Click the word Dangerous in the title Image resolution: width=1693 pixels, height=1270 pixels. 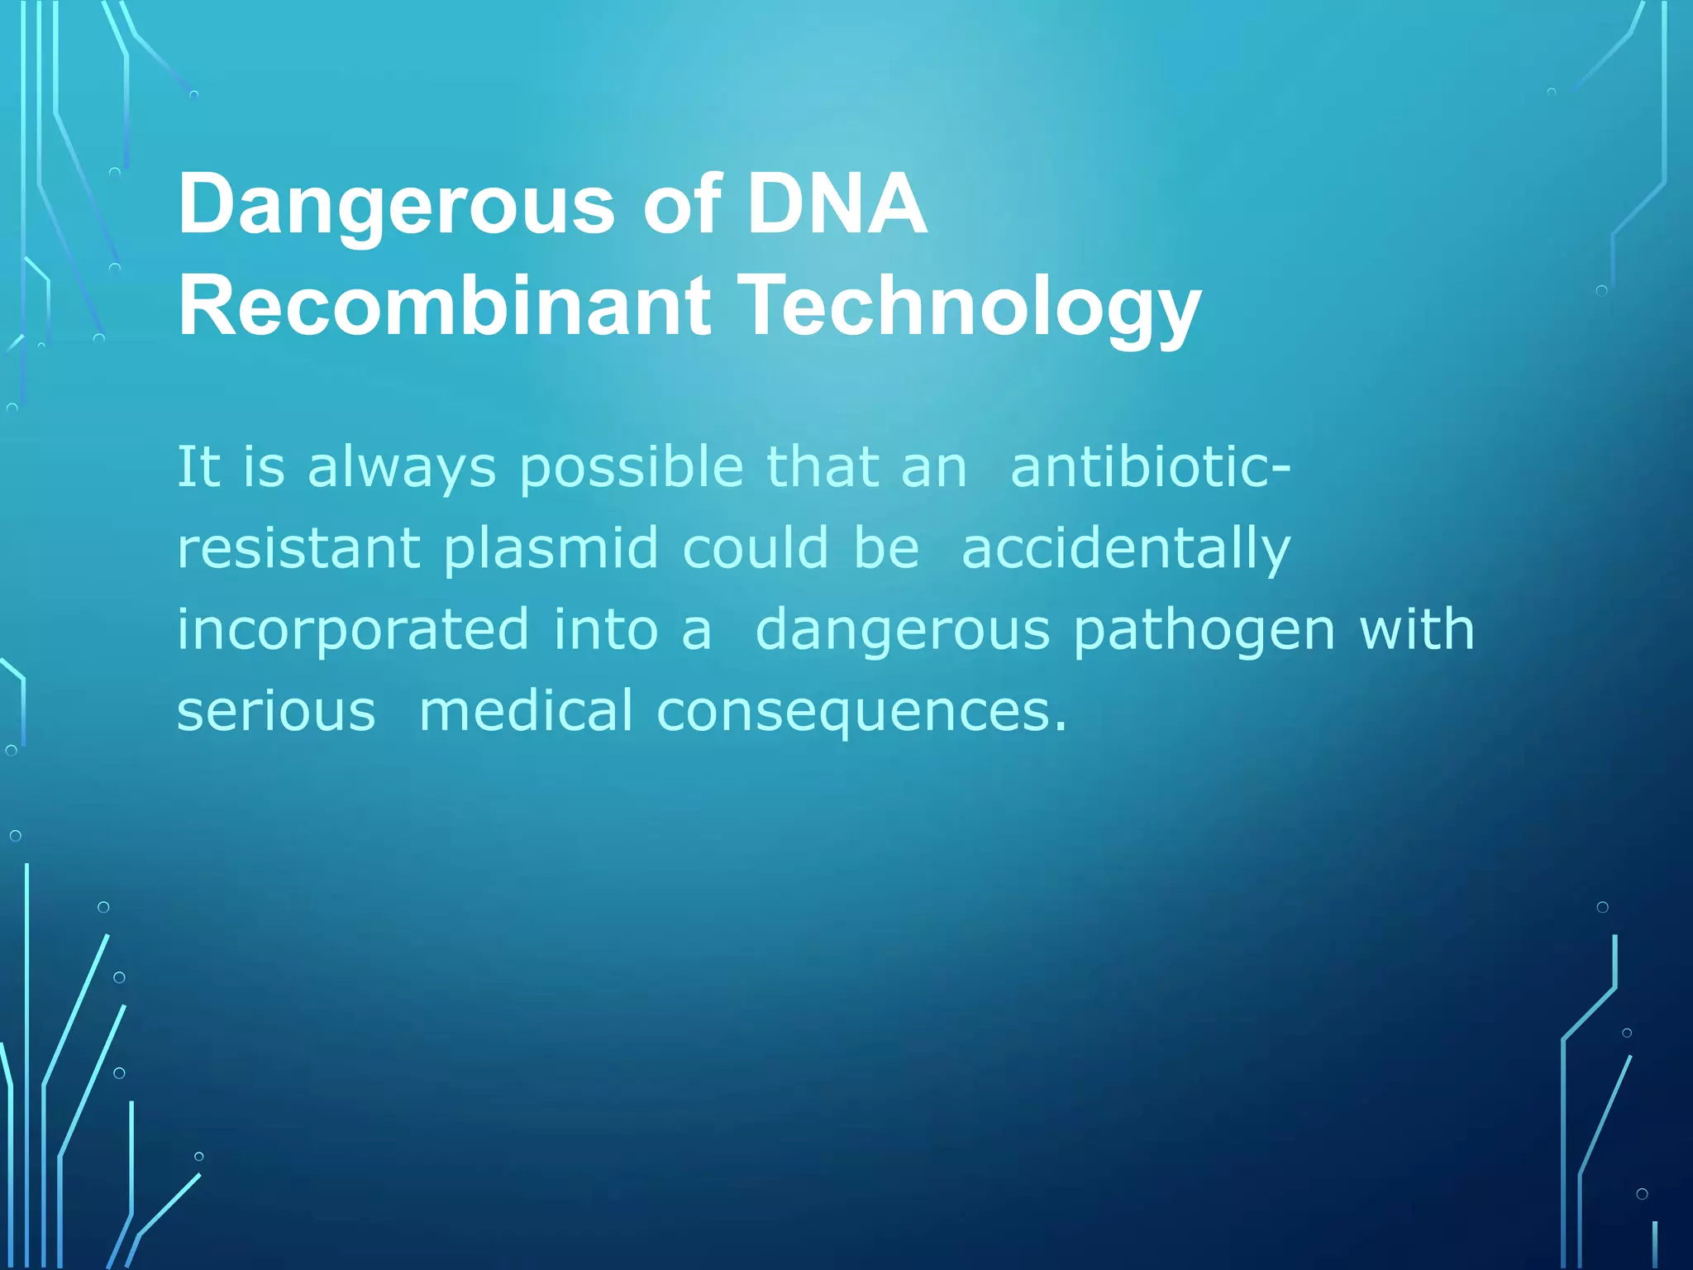tap(396, 205)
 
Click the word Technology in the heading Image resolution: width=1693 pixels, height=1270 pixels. tap(968, 307)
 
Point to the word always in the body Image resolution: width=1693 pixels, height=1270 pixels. tap(402, 468)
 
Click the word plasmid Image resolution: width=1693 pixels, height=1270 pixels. tap(551, 548)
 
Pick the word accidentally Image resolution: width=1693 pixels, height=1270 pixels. tap(1125, 548)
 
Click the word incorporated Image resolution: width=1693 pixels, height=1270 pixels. tap(353, 630)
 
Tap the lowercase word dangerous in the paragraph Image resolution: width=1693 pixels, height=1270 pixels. tap(903, 630)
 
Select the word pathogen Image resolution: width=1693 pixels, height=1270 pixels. tap(1204, 630)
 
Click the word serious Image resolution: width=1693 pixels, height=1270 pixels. tap(276, 711)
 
